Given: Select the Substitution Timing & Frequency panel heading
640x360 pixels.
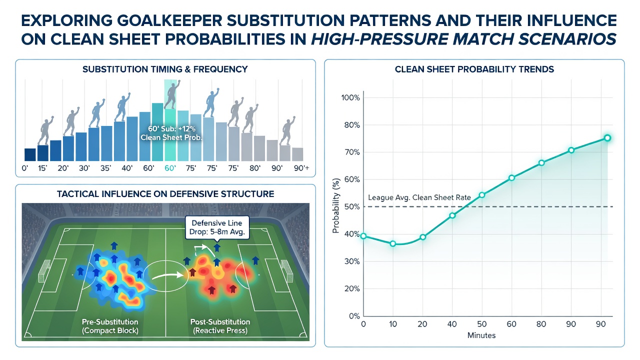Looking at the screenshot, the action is pos(165,69).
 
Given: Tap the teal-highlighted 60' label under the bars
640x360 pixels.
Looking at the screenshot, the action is pos(169,168).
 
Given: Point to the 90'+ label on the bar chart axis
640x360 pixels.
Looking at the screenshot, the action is pos(301,168).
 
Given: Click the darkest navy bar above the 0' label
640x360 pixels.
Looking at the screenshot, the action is pos(30,154).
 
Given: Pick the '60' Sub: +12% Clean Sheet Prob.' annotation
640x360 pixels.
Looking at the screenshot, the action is pos(171,133).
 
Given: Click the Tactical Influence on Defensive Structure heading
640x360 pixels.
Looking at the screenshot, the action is pos(165,194).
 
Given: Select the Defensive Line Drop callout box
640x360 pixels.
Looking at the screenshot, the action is pos(217,227).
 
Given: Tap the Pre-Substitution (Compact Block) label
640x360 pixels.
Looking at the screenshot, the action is pos(110,326).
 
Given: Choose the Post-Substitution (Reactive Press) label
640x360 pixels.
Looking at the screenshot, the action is pos(220,326).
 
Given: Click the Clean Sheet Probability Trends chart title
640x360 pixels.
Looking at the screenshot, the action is pos(474,69).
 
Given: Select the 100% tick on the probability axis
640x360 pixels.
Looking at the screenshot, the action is pos(350,98).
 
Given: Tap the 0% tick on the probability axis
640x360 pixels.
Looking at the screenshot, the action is pos(354,315).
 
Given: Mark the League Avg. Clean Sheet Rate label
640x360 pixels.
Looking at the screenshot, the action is pos(419,197).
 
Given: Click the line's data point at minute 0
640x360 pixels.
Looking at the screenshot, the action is pos(363,236).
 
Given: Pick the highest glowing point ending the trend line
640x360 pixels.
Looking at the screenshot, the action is pos(607,138).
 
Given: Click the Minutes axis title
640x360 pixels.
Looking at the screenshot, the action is pos(481,335).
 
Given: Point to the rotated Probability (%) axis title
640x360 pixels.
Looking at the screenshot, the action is pos(336,205).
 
